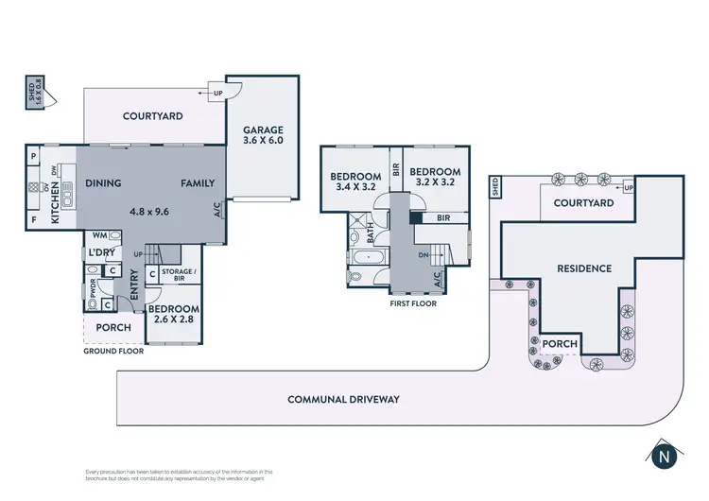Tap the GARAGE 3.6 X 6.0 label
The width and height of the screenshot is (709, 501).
[263, 135]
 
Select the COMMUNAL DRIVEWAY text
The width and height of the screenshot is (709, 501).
[344, 399]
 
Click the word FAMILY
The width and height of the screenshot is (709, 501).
[198, 183]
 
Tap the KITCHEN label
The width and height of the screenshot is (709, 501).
[55, 204]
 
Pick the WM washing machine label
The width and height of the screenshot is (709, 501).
[99, 235]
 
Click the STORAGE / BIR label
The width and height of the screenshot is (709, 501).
[179, 275]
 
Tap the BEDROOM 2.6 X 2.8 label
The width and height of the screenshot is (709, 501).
[174, 315]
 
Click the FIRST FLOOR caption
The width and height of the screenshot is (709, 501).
[412, 304]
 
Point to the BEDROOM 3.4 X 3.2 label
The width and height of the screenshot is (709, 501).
[354, 181]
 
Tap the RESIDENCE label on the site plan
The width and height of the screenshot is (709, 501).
[583, 268]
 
